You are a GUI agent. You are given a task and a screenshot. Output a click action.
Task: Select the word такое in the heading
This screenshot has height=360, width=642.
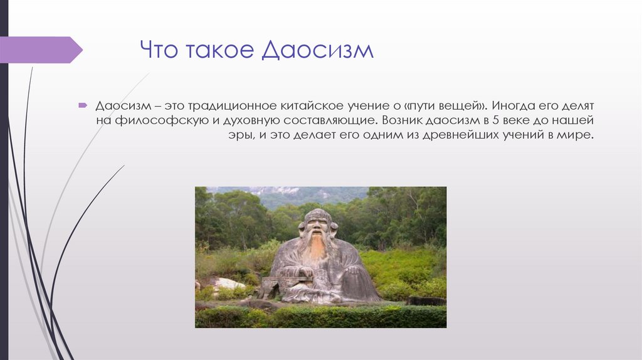(218, 50)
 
